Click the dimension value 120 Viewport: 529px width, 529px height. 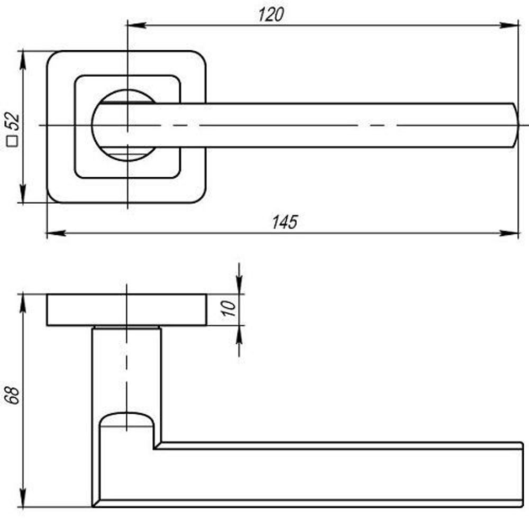(271, 15)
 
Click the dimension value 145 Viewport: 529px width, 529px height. (285, 222)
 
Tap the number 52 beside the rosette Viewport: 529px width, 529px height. (14, 121)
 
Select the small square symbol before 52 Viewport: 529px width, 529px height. (12, 141)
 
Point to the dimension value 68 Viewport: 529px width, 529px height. (13, 395)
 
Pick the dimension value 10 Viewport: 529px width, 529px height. (229, 308)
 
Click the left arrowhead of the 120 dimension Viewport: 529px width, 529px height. (137, 25)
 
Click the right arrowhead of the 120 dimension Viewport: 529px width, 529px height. (509, 25)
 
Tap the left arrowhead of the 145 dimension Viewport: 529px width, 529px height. (56, 233)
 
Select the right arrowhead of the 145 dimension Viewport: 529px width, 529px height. (509, 233)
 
